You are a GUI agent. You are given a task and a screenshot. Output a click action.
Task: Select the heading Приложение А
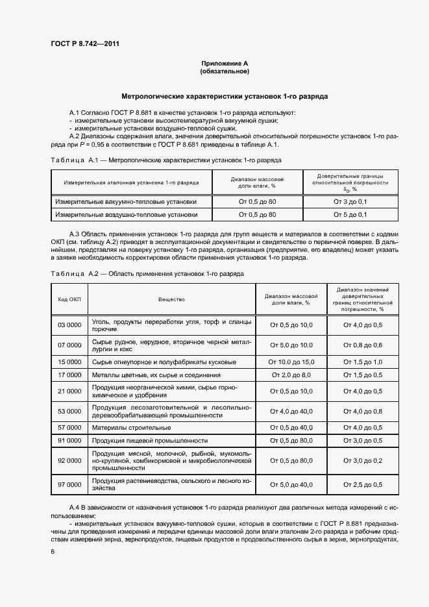(x=225, y=64)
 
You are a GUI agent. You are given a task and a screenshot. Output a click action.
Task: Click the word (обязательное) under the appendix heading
(x=225, y=71)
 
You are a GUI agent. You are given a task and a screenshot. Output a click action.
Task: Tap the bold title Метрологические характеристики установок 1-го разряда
(x=225, y=96)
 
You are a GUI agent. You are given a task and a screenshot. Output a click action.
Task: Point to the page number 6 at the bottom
(x=53, y=551)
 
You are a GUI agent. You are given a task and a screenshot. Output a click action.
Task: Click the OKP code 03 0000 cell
(x=69, y=325)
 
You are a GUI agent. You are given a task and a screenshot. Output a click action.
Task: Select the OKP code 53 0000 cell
(x=69, y=411)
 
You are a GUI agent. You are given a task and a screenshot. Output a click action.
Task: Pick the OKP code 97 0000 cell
(x=69, y=484)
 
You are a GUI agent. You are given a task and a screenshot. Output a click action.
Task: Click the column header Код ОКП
(x=69, y=299)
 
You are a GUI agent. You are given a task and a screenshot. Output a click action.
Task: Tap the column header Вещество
(x=171, y=299)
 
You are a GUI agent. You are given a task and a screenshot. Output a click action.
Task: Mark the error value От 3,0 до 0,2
(x=362, y=460)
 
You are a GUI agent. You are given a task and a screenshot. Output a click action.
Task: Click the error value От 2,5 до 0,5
(x=362, y=484)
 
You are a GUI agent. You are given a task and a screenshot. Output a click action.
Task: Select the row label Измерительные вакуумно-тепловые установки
(x=127, y=202)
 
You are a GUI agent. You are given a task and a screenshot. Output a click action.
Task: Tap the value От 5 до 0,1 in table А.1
(x=350, y=214)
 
